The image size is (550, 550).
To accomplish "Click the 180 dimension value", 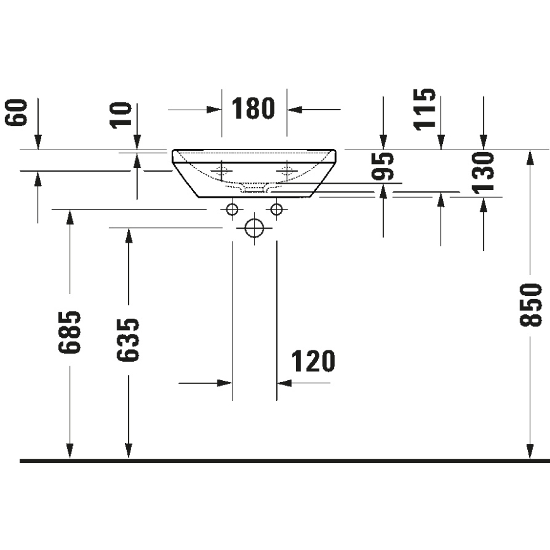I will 253,109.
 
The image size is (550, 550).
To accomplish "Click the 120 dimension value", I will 312,362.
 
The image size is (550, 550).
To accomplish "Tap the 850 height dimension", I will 531,305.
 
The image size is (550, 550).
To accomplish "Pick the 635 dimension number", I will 129,340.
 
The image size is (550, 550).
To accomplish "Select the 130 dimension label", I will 483,172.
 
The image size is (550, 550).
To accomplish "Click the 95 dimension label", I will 383,167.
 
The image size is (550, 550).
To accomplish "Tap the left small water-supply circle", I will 233,209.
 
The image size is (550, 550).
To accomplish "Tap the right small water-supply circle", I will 276,209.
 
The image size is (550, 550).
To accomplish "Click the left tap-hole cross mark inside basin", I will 221,170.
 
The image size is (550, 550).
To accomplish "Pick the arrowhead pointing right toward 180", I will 214,110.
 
